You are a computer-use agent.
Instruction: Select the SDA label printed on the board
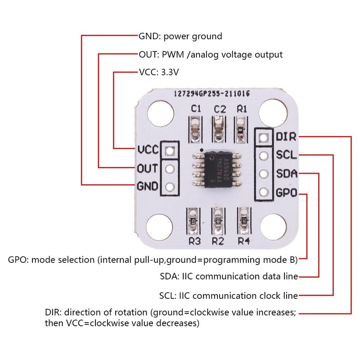(286, 174)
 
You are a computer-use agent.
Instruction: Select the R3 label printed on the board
(194, 241)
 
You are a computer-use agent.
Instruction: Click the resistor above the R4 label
(244, 218)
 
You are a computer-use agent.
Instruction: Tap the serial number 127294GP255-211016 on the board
(211, 94)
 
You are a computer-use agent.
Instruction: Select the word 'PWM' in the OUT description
(169, 54)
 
